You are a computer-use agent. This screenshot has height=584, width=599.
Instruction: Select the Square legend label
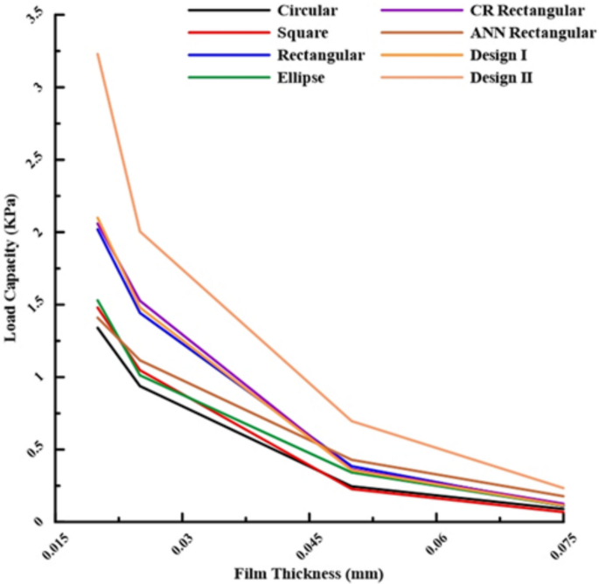pos(304,34)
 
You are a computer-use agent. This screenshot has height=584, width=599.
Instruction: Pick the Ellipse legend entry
pos(303,79)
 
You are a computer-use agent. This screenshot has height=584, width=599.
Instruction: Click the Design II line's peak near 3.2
pos(97,54)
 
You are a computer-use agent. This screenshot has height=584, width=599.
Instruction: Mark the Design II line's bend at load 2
pos(140,232)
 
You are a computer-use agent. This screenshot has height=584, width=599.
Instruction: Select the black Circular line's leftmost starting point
pos(97,327)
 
